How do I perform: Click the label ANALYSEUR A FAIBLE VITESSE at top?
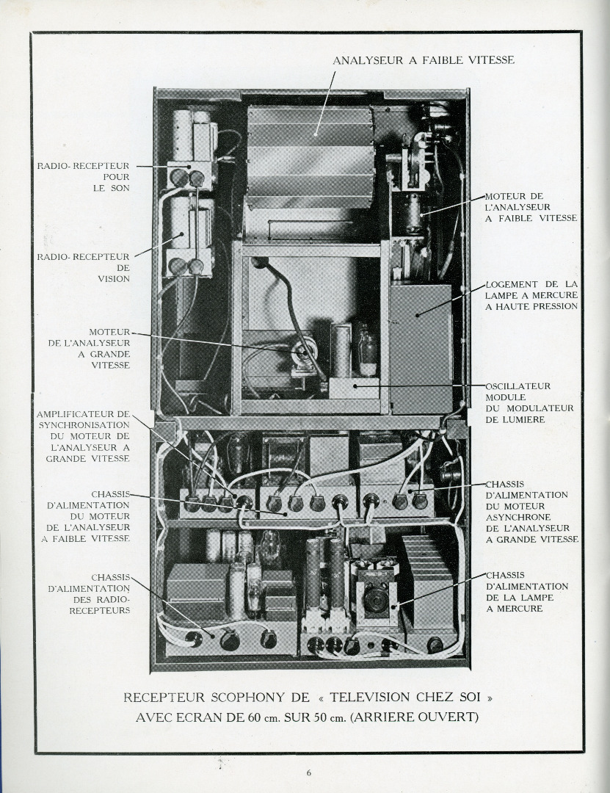424,60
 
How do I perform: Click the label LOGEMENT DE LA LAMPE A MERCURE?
531,294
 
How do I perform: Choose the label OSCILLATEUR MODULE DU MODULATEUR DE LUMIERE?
529,402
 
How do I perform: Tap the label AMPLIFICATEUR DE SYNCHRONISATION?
84,436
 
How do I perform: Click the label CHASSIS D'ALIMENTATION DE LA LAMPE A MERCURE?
526,592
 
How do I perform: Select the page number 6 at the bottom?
309,772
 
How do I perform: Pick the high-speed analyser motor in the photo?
302,354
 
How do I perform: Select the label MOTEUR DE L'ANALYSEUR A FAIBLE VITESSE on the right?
531,207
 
